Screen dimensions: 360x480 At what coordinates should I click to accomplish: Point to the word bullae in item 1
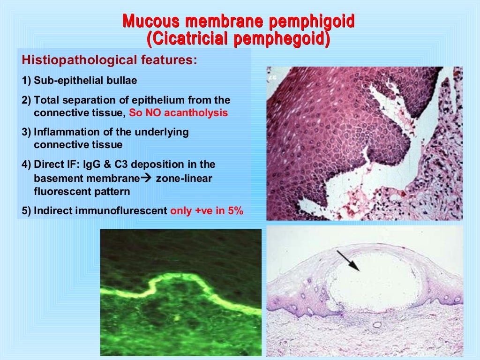click(x=123, y=81)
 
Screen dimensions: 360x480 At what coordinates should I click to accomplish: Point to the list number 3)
click(x=27, y=132)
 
